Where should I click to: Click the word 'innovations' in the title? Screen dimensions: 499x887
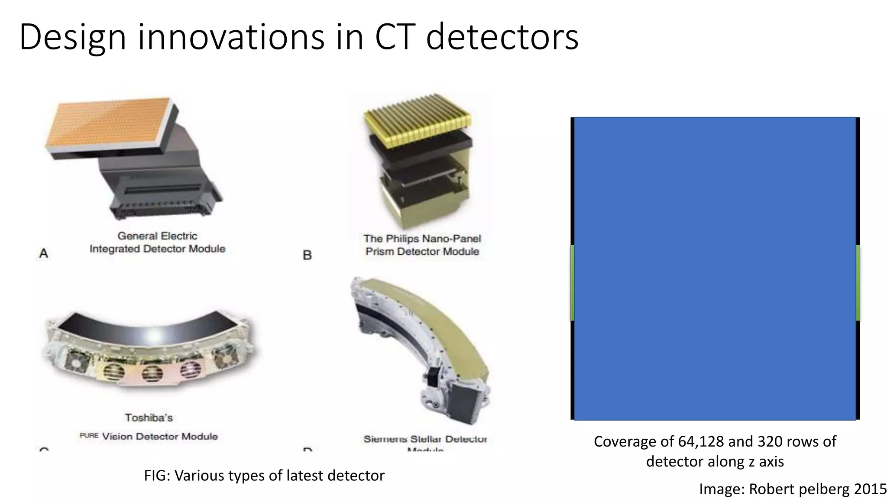pos(231,37)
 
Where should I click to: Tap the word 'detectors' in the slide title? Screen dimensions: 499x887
pos(502,37)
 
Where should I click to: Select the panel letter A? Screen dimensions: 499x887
pos(43,253)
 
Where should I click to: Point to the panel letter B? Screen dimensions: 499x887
pos(307,255)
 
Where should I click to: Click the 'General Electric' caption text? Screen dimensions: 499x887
pos(157,236)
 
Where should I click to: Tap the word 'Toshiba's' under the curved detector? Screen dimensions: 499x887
pos(149,418)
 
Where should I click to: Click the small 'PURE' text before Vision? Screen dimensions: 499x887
pos(89,435)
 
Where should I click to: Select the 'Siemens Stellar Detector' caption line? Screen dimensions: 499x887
pos(425,439)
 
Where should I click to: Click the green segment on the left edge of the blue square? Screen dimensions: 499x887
pos(573,282)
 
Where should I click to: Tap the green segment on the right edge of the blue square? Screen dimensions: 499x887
pos(858,282)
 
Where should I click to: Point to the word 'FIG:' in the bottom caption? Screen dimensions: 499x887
pos(157,476)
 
